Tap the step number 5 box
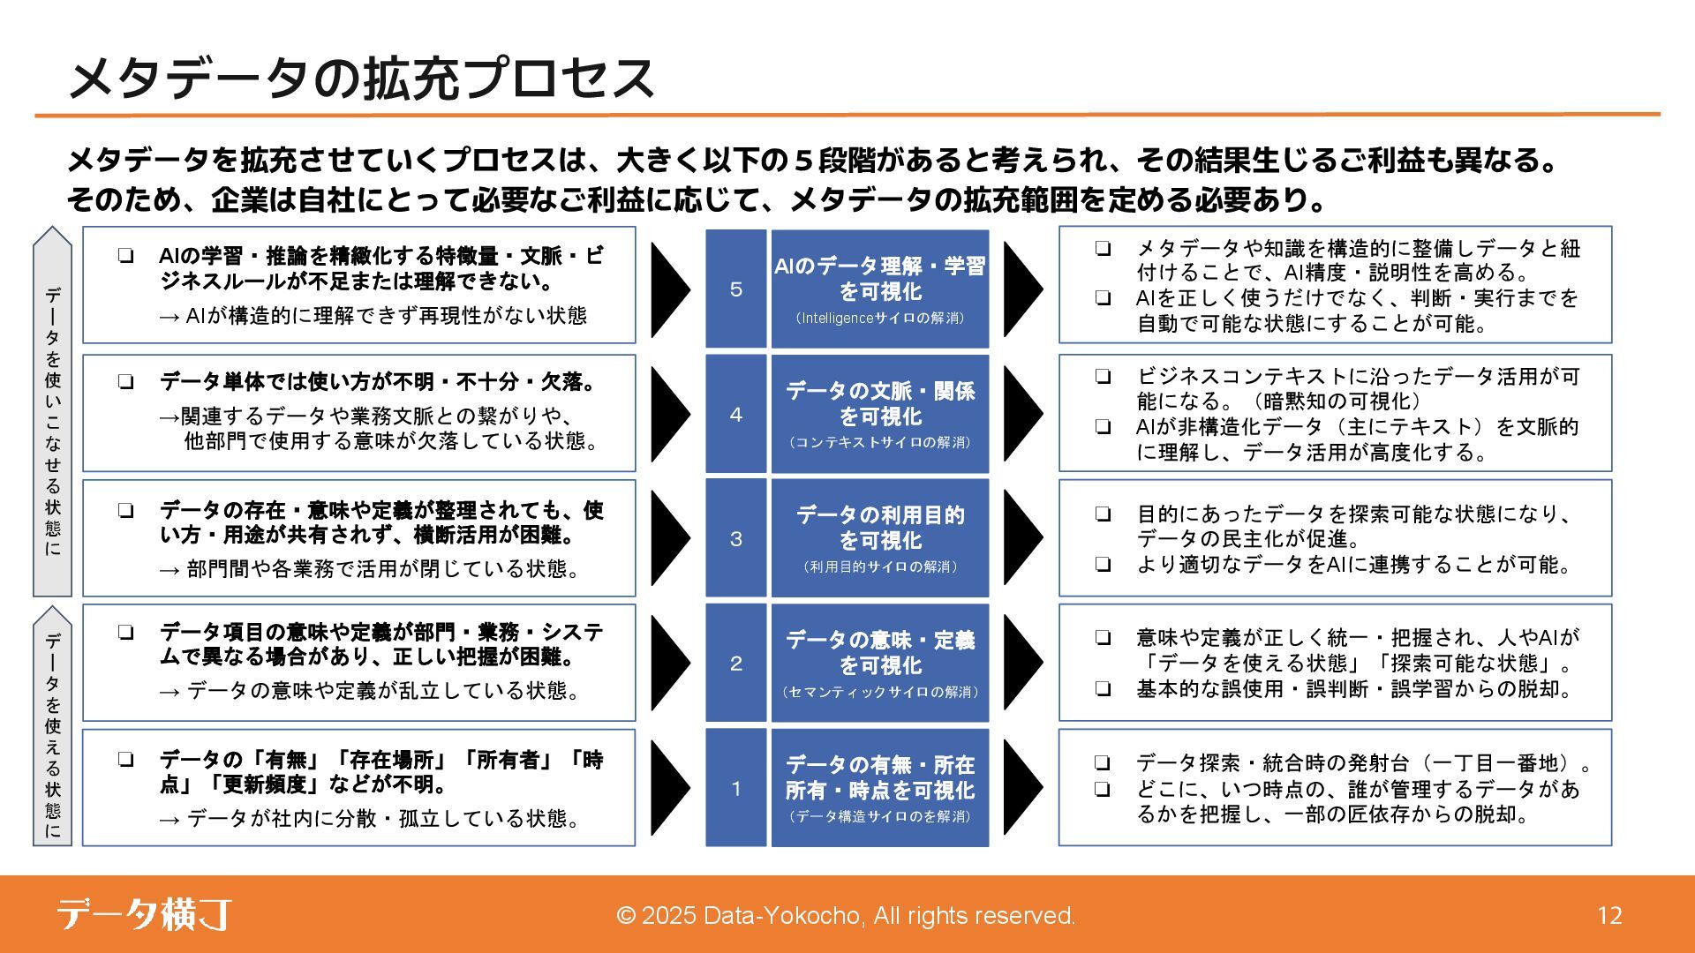point(735,289)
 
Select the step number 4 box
point(735,414)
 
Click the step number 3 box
point(735,538)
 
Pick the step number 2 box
point(735,663)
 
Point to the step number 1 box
point(735,788)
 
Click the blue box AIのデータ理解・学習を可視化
point(879,289)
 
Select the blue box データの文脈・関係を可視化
point(879,414)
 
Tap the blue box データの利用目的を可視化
point(879,538)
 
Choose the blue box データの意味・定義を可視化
point(879,663)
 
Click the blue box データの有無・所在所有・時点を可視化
point(879,788)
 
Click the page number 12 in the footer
point(1609,916)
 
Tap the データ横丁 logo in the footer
point(144,914)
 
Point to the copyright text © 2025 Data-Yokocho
point(846,916)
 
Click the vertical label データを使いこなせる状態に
point(53,415)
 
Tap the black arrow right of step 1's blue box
point(1022,788)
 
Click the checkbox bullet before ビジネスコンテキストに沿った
point(1103,377)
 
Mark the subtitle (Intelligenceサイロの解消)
point(879,319)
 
